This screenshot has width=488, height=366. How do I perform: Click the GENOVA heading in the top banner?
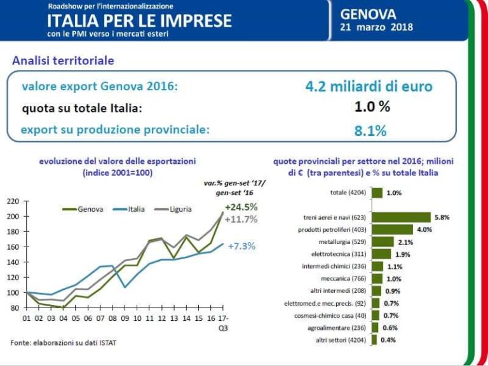368,13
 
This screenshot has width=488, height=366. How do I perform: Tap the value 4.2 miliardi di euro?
369,86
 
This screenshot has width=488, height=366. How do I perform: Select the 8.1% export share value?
370,130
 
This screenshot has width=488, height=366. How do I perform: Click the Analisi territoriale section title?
63,61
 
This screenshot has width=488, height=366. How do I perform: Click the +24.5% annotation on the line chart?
241,207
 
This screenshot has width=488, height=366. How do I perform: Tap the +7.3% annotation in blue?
242,246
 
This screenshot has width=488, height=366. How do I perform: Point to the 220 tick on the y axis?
13,201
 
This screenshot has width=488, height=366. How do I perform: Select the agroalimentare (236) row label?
338,327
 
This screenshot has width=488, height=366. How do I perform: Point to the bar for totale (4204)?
377,193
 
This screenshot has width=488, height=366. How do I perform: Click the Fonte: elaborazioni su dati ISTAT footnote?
63,343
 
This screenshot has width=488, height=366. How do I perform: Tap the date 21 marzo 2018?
377,27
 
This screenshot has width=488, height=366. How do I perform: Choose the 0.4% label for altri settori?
388,339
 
